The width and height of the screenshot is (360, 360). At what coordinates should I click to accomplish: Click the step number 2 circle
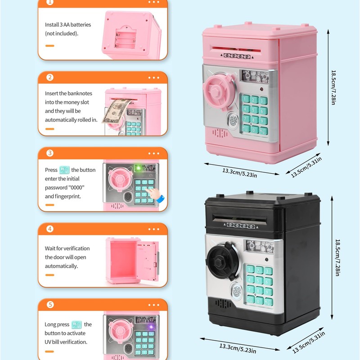click(50, 77)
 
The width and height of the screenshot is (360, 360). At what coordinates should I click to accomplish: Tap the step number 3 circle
click(50, 153)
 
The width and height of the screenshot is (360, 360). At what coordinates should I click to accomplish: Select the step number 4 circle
click(50, 229)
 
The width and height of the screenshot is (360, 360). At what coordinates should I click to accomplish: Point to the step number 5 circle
click(50, 305)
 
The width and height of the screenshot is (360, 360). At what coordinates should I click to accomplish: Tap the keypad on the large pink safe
click(255, 114)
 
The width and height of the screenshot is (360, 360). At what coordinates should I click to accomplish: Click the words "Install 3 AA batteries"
click(68, 25)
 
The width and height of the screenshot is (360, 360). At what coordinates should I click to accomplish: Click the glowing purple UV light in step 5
click(151, 326)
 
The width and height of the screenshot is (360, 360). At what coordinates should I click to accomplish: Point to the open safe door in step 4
click(148, 261)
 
